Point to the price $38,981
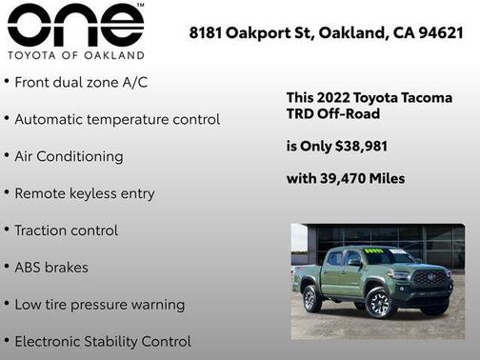click(354, 146)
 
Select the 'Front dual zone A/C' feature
click(81, 82)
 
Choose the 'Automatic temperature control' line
click(117, 119)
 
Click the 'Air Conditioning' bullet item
click(69, 156)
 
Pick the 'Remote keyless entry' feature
click(84, 193)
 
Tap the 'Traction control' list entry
click(67, 230)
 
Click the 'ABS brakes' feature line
click(51, 268)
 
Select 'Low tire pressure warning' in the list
click(100, 305)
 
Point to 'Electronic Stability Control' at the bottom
click(103, 341)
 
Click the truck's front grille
click(430, 278)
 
